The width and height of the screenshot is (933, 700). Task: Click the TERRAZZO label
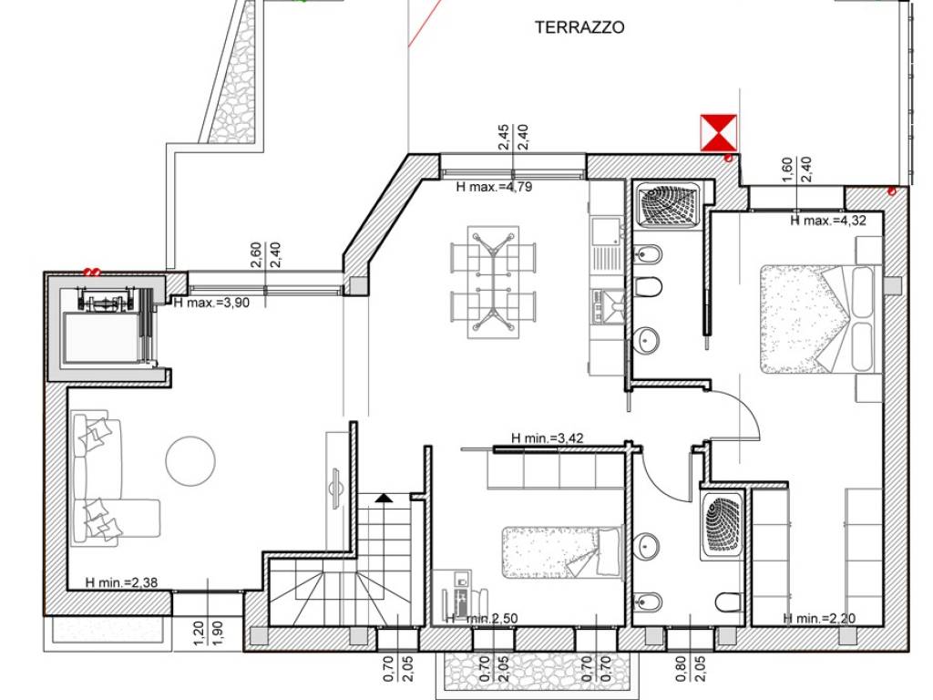[x=579, y=27]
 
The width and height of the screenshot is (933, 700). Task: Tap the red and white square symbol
[x=719, y=133]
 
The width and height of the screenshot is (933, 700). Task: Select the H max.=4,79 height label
[x=494, y=187]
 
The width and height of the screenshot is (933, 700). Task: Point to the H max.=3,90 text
[x=211, y=303]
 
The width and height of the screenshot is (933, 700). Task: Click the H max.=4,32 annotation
[x=828, y=221]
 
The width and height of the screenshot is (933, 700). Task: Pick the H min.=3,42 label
[x=548, y=438]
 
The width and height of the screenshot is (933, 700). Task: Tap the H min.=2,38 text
[x=121, y=582]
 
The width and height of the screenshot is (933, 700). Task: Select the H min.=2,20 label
[x=819, y=619]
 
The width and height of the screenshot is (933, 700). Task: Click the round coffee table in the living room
[x=190, y=461]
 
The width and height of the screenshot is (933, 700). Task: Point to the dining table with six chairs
[x=493, y=283]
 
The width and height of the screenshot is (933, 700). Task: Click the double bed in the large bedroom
[x=820, y=319]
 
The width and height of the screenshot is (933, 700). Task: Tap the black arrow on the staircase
[x=384, y=498]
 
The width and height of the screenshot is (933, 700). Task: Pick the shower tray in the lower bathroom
[x=723, y=525]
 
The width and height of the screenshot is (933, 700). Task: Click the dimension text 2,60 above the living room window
[x=256, y=255]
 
